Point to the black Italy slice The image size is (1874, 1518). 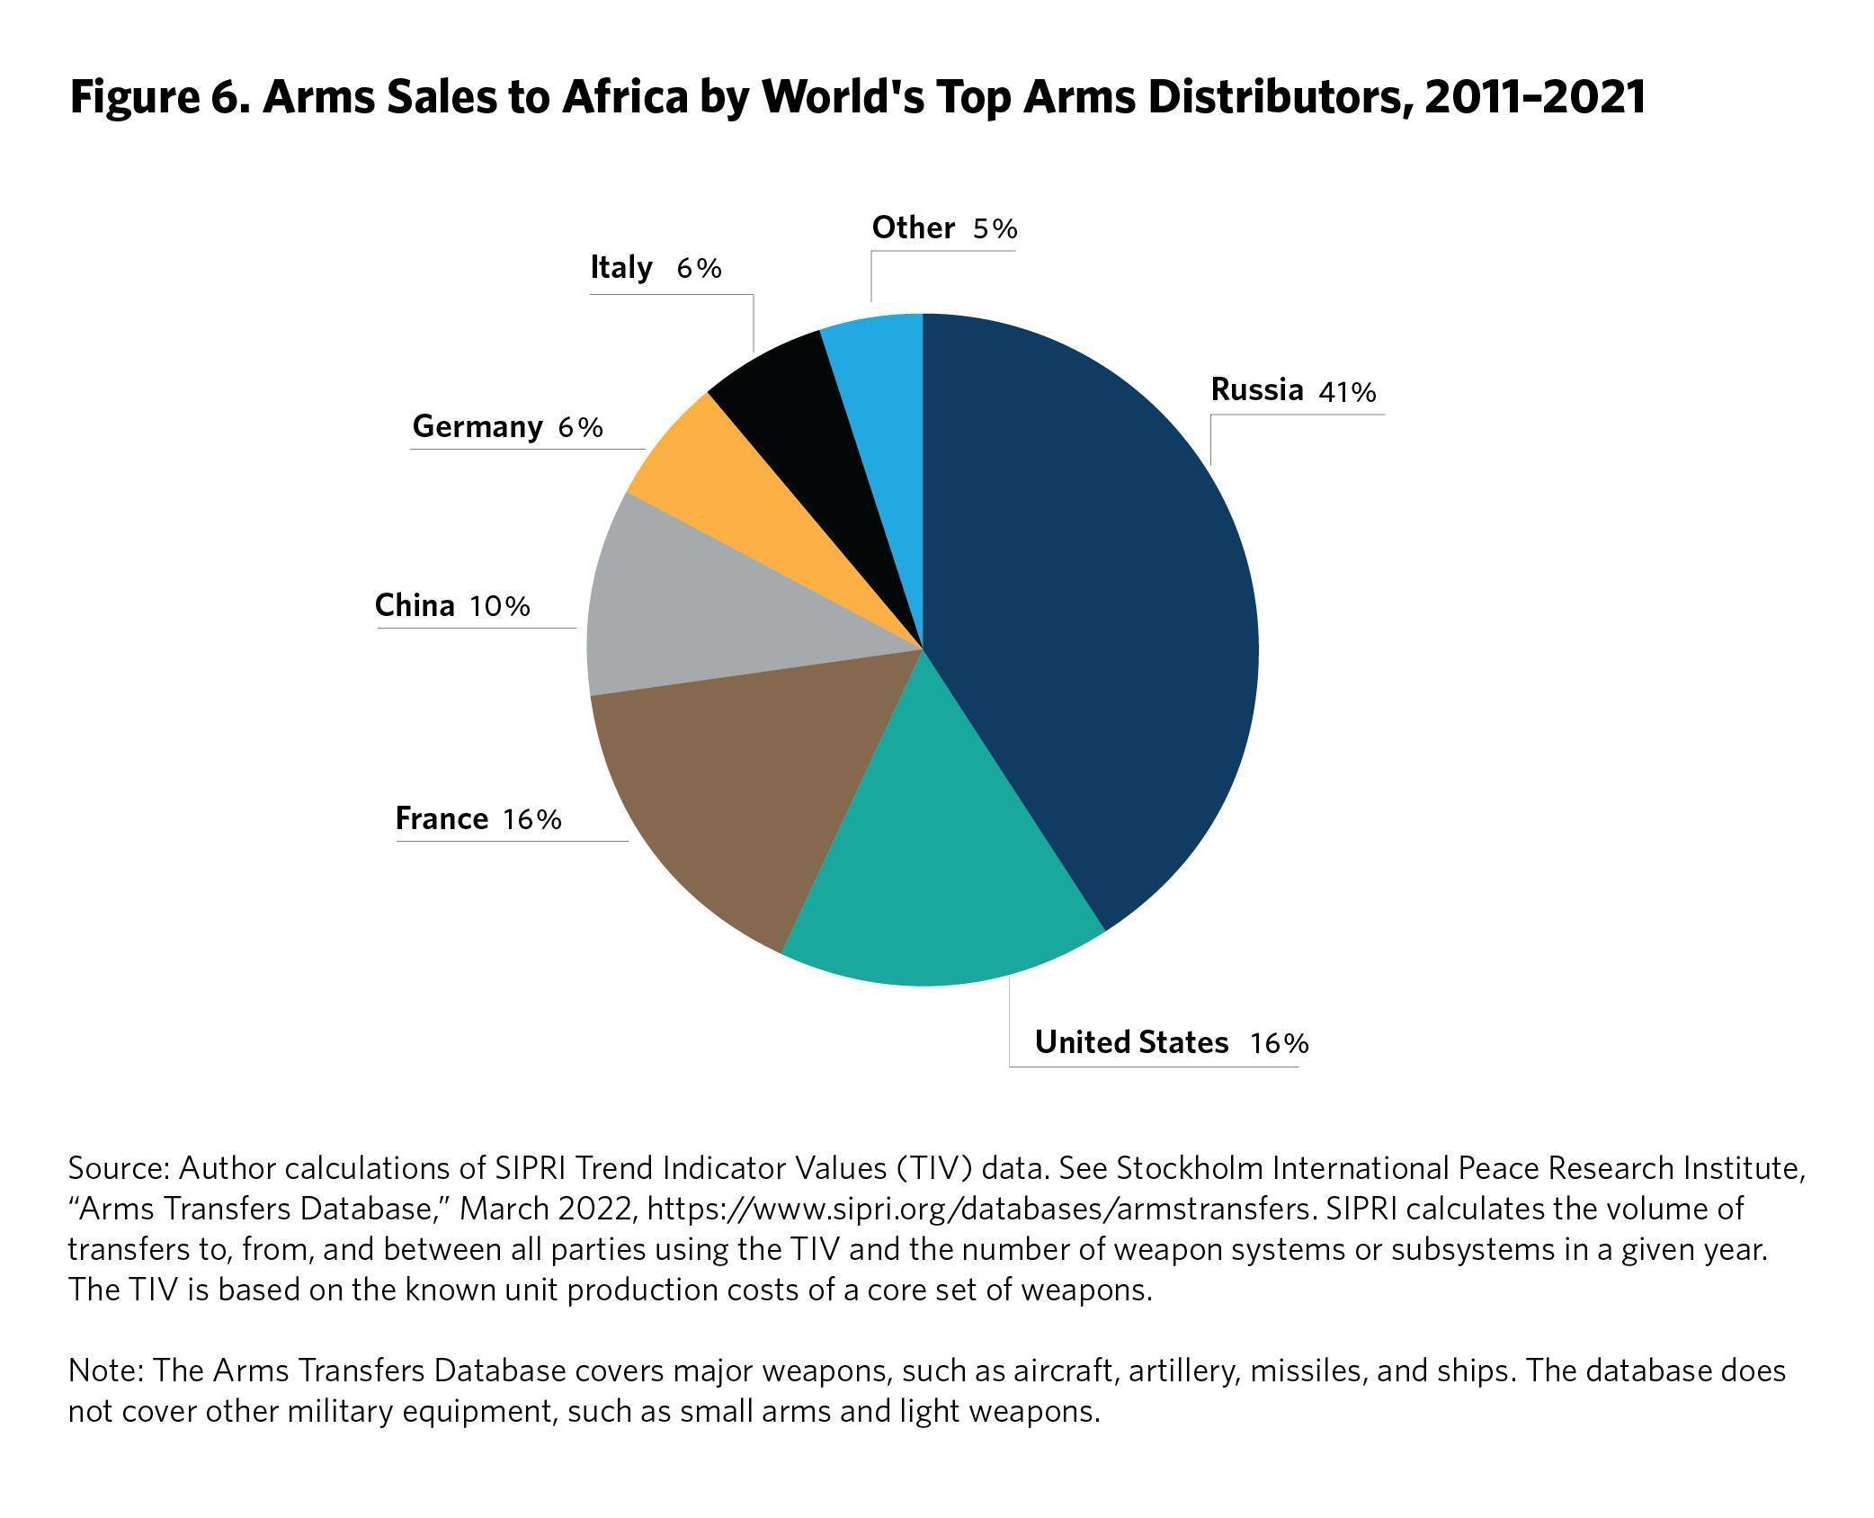[809, 414]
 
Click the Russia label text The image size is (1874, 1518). [1256, 389]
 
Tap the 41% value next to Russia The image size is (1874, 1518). [1347, 392]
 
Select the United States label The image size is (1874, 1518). [1130, 1041]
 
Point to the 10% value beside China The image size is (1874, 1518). [499, 606]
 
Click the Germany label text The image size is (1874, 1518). [477, 426]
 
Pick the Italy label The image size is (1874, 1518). [620, 267]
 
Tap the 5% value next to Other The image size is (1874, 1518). [995, 228]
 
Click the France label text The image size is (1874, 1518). [442, 818]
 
